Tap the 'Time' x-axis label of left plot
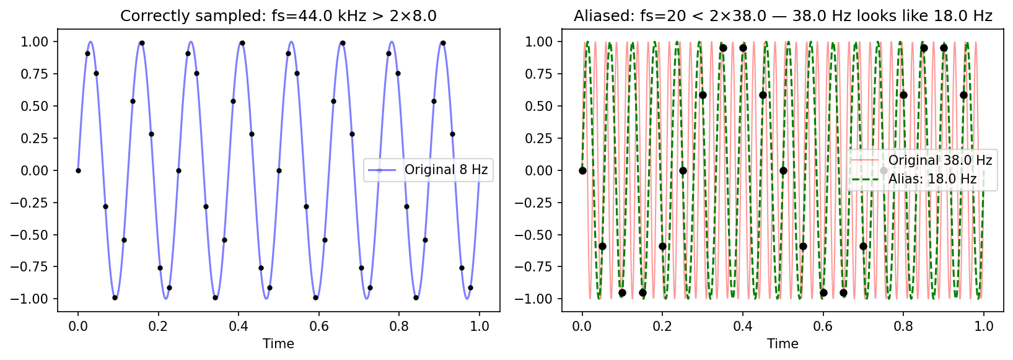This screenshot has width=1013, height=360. pyautogui.click(x=278, y=344)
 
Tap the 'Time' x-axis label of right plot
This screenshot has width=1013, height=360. pyautogui.click(x=783, y=344)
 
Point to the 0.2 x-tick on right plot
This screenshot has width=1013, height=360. pyautogui.click(x=662, y=326)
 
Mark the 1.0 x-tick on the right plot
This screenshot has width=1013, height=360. pyautogui.click(x=984, y=326)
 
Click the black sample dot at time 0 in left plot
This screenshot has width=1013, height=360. pyautogui.click(x=78, y=170)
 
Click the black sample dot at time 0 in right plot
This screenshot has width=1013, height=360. pyautogui.click(x=582, y=170)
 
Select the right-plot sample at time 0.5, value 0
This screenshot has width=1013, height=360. pyautogui.click(x=783, y=170)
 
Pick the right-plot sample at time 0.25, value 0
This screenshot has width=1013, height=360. pyautogui.click(x=683, y=170)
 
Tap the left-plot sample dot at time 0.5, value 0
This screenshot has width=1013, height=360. pyautogui.click(x=279, y=170)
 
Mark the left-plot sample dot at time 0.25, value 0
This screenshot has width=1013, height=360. pyautogui.click(x=178, y=170)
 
